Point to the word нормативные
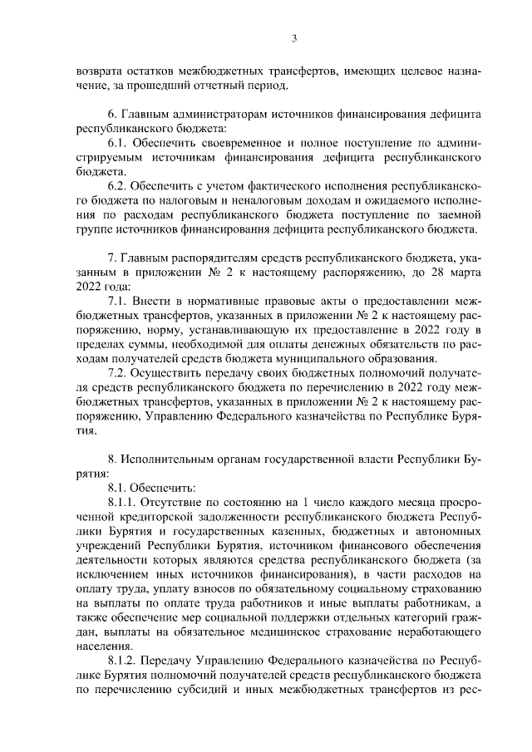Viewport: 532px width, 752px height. click(206, 305)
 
